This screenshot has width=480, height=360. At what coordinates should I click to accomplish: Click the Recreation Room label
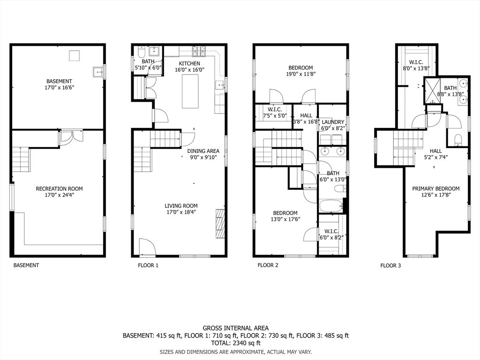60,188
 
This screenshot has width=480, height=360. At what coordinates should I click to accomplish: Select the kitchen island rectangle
190,91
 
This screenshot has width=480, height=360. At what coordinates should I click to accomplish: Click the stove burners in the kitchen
200,51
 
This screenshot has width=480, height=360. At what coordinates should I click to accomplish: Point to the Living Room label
181,206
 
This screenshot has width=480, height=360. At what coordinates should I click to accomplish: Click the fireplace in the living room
220,224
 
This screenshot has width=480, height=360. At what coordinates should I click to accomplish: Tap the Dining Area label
203,151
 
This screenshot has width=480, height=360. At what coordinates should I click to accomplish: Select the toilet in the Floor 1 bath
142,52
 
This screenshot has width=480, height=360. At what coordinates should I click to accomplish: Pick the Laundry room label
333,122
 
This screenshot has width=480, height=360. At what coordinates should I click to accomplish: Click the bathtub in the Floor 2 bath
331,206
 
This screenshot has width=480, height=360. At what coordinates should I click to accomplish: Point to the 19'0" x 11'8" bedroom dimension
300,74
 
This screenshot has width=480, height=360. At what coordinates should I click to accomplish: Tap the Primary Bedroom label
435,188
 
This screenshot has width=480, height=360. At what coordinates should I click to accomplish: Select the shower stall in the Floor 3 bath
432,90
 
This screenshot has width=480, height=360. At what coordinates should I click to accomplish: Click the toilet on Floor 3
458,139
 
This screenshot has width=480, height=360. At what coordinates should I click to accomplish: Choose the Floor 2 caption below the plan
268,265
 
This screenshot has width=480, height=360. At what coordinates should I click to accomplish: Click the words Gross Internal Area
236,328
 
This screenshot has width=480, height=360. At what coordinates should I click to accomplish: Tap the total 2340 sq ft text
236,343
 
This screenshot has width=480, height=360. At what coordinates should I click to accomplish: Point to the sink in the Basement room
98,72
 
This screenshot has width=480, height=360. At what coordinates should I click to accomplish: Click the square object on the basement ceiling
75,56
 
